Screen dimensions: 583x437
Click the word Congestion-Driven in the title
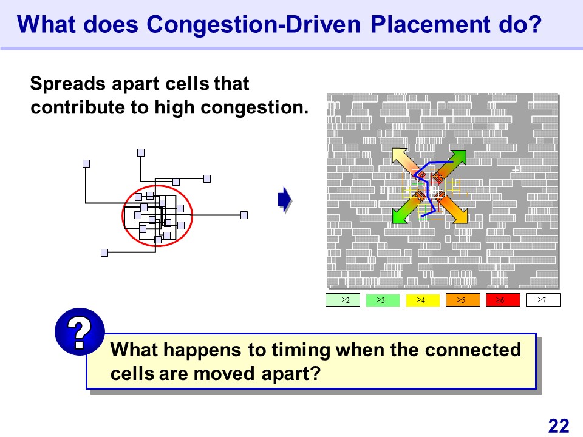[254, 24]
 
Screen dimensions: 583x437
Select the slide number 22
[559, 426]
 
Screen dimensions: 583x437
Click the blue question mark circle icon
[80, 331]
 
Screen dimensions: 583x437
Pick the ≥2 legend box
[343, 300]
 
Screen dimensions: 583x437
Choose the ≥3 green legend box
[383, 300]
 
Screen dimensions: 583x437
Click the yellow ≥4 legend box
[423, 300]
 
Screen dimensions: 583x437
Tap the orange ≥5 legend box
[463, 300]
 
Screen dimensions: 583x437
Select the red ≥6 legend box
[503, 300]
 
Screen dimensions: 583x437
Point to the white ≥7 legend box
[543, 300]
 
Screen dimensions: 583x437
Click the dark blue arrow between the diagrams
[285, 200]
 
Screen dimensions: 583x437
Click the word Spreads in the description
[67, 84]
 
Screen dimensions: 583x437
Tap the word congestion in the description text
[254, 108]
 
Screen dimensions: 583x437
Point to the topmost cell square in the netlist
[141, 152]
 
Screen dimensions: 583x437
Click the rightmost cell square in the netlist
[244, 215]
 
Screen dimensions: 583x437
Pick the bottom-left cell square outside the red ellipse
[104, 252]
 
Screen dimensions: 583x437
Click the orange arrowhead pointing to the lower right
[459, 215]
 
